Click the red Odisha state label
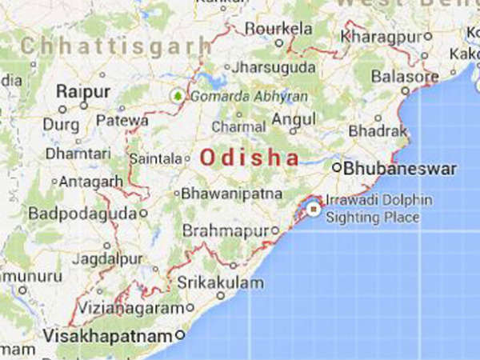click(249, 158)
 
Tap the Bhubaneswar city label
click(400, 169)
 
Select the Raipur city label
click(83, 92)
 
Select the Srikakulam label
click(219, 282)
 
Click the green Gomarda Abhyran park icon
click(177, 95)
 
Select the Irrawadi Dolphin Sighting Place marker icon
click(314, 210)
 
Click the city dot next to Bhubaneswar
click(337, 169)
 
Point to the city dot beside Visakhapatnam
click(181, 335)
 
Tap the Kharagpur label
click(380, 37)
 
